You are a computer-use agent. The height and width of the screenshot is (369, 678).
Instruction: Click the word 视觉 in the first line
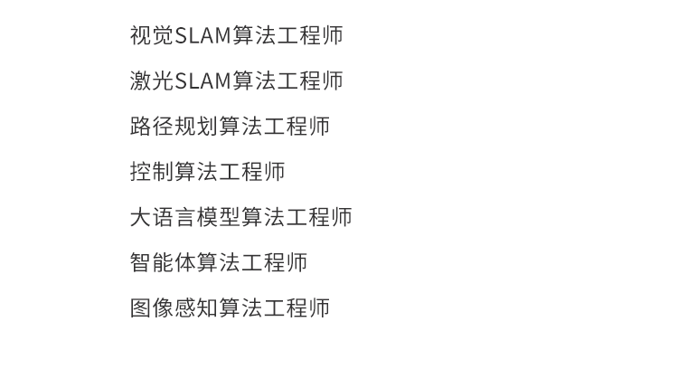coord(152,36)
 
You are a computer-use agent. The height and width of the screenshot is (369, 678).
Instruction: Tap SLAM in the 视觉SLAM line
coord(202,36)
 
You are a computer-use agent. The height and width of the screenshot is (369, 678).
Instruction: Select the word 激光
coord(152,81)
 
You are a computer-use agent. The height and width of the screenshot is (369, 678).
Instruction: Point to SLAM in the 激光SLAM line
coord(202,81)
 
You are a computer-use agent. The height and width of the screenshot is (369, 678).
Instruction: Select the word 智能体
coord(163,262)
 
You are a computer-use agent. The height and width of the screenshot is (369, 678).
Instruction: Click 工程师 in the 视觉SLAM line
coord(310,36)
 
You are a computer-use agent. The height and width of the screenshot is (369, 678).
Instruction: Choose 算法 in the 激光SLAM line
coord(254,81)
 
